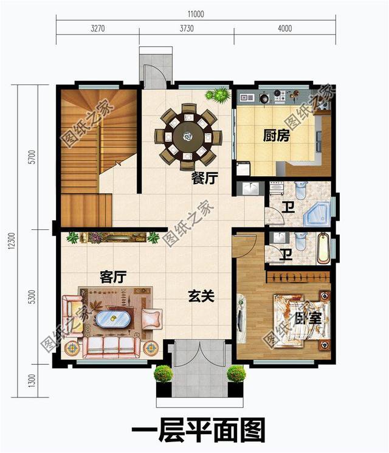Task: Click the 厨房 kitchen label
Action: tap(276, 136)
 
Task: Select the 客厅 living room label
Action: tap(112, 277)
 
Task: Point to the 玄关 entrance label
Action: tap(201, 296)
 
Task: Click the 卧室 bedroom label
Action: tap(308, 318)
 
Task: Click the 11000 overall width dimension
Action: tap(195, 14)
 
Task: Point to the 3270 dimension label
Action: tap(97, 29)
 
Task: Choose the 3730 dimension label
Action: tap(187, 29)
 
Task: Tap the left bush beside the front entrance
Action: tap(162, 373)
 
